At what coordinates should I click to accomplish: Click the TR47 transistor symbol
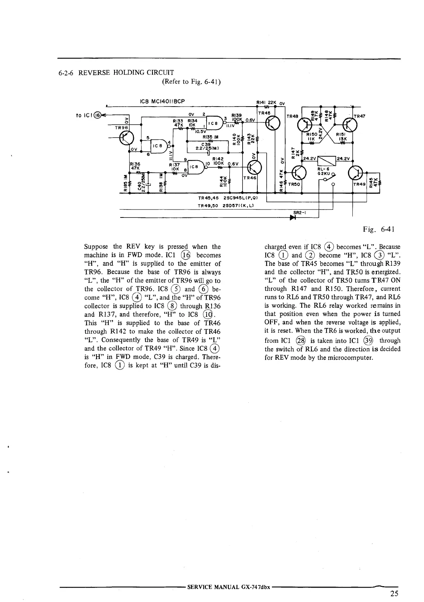(349, 125)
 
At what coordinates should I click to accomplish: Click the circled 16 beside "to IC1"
(96, 115)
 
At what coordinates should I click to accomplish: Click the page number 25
(394, 593)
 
